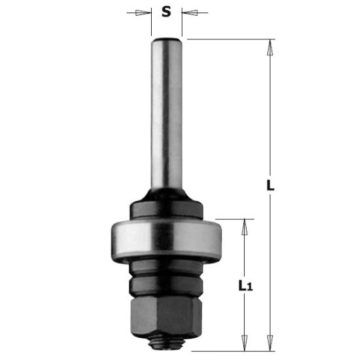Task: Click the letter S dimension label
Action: pyautogui.click(x=167, y=11)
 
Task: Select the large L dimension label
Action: pyautogui.click(x=270, y=185)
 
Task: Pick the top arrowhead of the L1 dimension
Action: pyautogui.click(x=246, y=225)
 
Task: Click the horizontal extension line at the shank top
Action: pyautogui.click(x=229, y=39)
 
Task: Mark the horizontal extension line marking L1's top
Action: pyautogui.click(x=229, y=219)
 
